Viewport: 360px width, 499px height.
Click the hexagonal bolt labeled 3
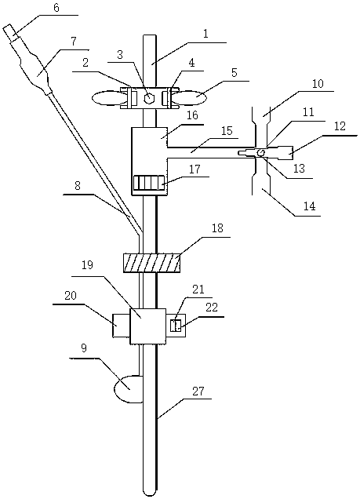pyautogui.click(x=149, y=98)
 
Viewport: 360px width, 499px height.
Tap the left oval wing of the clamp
pyautogui.click(x=107, y=98)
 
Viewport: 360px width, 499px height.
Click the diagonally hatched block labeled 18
pyautogui.click(x=151, y=263)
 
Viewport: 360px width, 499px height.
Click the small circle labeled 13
pyautogui.click(x=260, y=153)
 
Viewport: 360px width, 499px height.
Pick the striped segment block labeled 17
pyautogui.click(x=149, y=184)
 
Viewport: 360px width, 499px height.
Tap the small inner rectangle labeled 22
pyautogui.click(x=176, y=326)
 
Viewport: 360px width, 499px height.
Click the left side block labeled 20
pyautogui.click(x=122, y=326)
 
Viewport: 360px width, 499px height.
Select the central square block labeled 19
pyautogui.click(x=148, y=326)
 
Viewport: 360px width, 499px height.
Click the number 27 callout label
pyautogui.click(x=198, y=391)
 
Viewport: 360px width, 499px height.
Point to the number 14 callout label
pyautogui.click(x=310, y=206)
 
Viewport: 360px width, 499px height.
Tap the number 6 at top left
pyautogui.click(x=56, y=7)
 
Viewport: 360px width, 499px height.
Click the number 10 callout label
pyautogui.click(x=318, y=83)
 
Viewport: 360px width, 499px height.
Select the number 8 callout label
pyautogui.click(x=78, y=186)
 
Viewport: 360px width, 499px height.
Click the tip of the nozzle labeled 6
pyautogui.click(x=7, y=28)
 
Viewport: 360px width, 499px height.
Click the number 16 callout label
pyautogui.click(x=192, y=115)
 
